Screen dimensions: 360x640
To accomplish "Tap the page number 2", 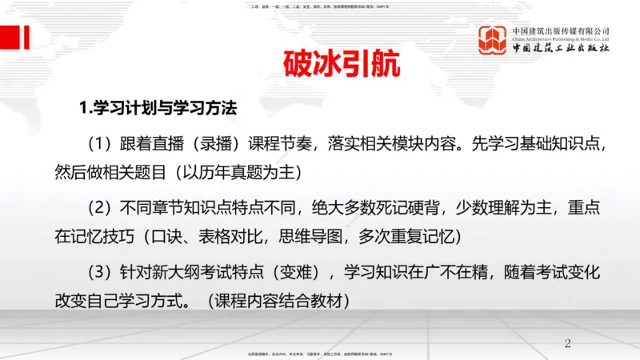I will coord(568,344).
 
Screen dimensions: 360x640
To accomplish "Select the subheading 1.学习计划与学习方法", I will coord(156,107).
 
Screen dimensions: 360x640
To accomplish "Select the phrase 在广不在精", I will coord(454,272).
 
